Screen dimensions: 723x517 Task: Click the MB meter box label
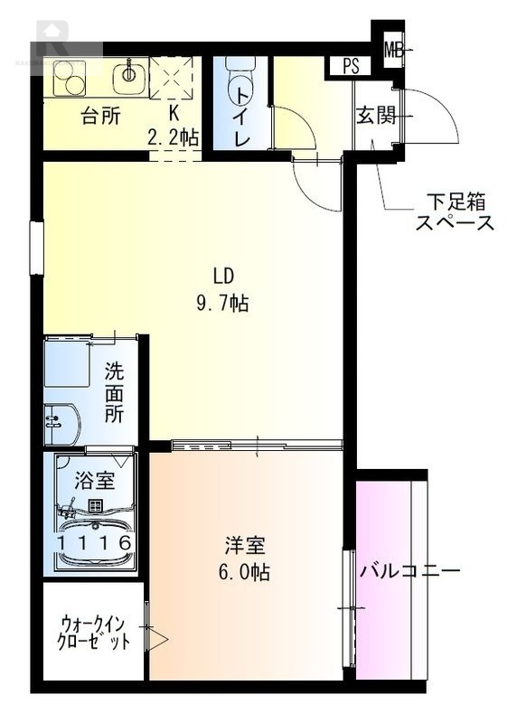click(x=393, y=50)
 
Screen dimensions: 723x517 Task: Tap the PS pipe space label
click(x=351, y=66)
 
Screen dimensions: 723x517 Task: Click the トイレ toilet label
click(x=241, y=114)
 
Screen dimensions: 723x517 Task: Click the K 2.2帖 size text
click(x=174, y=127)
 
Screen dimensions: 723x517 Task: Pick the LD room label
click(x=224, y=277)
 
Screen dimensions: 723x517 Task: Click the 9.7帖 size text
click(x=222, y=304)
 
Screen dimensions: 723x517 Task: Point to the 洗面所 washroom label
click(x=114, y=391)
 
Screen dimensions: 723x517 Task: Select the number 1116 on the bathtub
click(x=95, y=541)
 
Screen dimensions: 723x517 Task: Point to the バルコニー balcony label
click(x=409, y=571)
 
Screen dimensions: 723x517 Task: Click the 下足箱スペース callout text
click(x=455, y=212)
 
